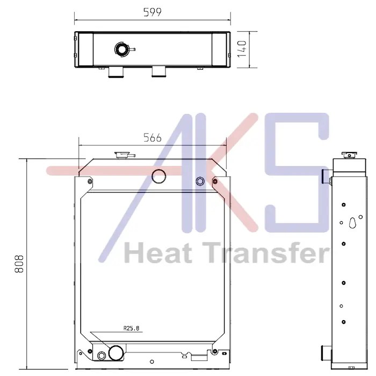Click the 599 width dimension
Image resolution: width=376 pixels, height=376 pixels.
(152, 12)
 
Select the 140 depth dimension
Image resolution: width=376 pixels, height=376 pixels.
(242, 49)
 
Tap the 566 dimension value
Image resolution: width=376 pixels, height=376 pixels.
(152, 138)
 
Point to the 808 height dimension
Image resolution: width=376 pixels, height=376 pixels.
(19, 264)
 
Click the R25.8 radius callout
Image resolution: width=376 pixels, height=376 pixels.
(132, 328)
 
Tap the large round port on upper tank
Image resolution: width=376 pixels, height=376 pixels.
(159, 176)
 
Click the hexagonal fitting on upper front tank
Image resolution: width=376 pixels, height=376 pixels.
(200, 182)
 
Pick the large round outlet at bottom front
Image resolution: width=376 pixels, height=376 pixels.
(117, 353)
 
